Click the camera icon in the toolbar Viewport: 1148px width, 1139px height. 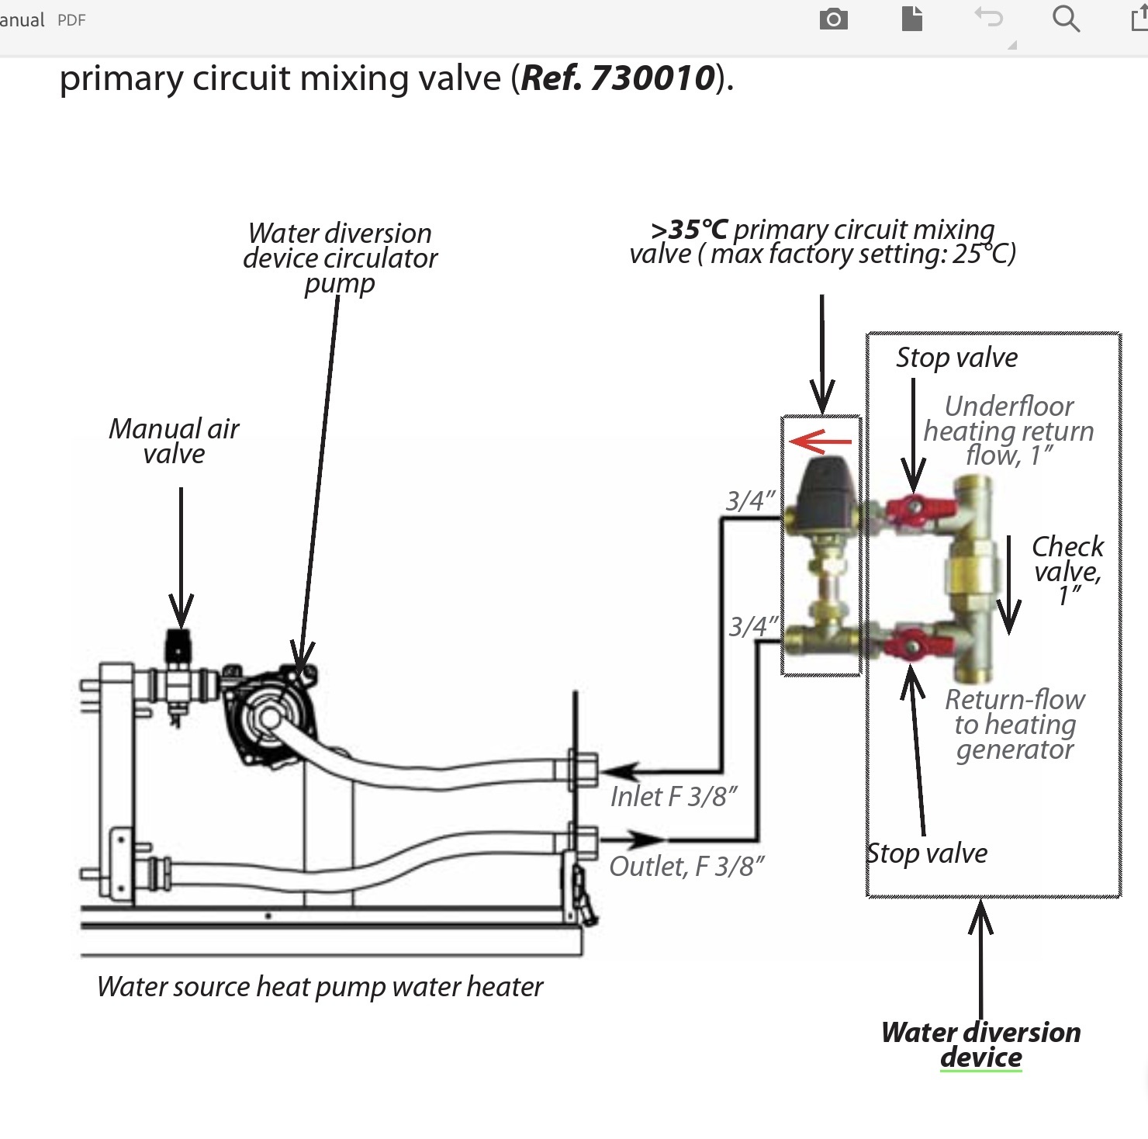click(833, 19)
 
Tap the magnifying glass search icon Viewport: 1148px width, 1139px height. click(1066, 19)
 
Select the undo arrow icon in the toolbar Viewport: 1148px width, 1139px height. click(988, 17)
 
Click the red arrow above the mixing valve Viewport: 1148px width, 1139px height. click(819, 442)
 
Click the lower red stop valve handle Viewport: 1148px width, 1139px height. click(912, 644)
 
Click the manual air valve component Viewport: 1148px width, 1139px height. click(178, 667)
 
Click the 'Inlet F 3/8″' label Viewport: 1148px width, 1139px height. click(673, 797)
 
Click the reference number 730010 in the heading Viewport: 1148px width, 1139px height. click(652, 78)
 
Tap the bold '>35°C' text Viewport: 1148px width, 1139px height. click(689, 230)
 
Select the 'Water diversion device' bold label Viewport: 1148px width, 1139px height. click(980, 1044)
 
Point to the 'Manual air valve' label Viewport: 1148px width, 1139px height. click(174, 441)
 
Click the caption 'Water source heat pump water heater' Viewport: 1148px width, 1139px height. click(320, 987)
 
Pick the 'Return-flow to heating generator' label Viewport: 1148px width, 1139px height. click(1015, 724)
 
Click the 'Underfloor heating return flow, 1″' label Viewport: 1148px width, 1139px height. click(1009, 431)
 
